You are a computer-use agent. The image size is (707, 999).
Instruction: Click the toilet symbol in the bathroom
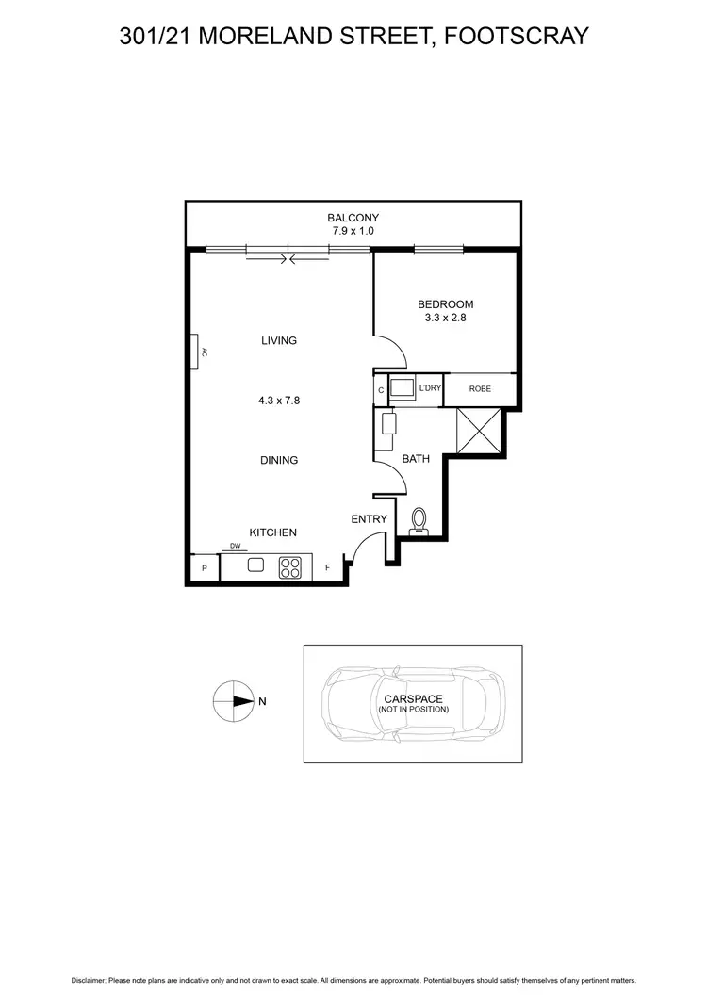(x=420, y=520)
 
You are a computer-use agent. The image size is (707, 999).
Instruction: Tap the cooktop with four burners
(x=290, y=567)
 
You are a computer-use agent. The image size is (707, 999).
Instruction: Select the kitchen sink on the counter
(x=255, y=566)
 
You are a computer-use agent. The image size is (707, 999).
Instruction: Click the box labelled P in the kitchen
(x=204, y=568)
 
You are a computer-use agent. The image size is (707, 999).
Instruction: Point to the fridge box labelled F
(x=327, y=568)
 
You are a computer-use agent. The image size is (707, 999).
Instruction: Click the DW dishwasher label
(x=234, y=546)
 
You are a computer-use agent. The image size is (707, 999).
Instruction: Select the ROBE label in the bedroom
(x=479, y=389)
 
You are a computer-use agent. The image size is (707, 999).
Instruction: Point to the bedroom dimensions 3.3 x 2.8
(x=445, y=319)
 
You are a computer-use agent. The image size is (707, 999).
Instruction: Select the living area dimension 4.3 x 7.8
(x=278, y=401)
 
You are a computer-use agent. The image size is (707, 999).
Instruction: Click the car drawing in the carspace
(x=413, y=704)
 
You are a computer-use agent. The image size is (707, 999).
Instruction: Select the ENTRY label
(x=369, y=519)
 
